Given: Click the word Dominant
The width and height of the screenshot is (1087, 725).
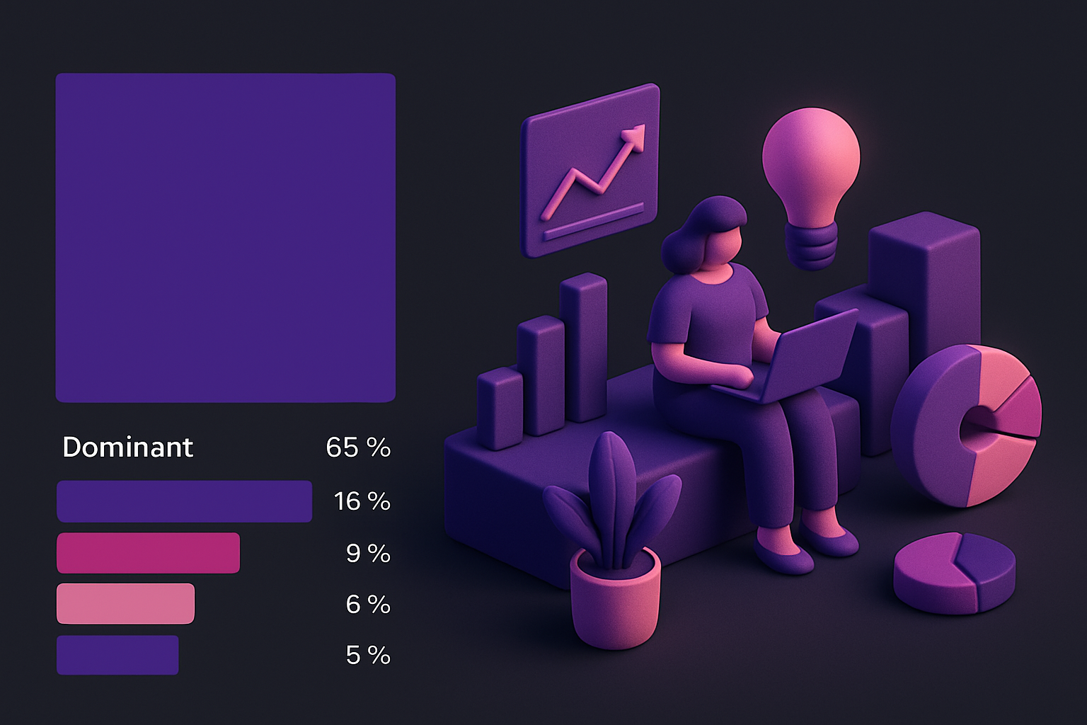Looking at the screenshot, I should coord(127,447).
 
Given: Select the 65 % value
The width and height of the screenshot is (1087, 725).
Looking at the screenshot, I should coord(358,447).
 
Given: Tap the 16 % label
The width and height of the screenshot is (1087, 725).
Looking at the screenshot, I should coord(362,501).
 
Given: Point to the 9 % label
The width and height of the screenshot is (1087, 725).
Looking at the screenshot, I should coord(368,553).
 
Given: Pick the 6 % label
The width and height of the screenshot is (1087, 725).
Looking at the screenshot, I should coord(368,604).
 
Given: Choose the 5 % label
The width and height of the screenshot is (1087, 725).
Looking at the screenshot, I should coord(368,656).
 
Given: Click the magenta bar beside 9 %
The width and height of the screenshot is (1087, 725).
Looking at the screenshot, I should coord(148,553).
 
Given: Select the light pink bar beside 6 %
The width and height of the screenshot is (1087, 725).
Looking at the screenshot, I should coord(125,604).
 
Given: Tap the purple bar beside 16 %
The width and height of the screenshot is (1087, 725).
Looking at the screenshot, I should coord(184,501).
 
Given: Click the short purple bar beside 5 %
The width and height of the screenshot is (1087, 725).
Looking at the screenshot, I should coord(117,656).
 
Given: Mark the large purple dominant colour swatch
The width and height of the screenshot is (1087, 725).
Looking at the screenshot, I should coord(225,238).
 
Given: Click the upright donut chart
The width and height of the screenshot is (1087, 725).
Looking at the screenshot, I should coord(966,425).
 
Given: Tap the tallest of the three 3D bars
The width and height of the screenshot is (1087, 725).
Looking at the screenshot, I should coord(583,347).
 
